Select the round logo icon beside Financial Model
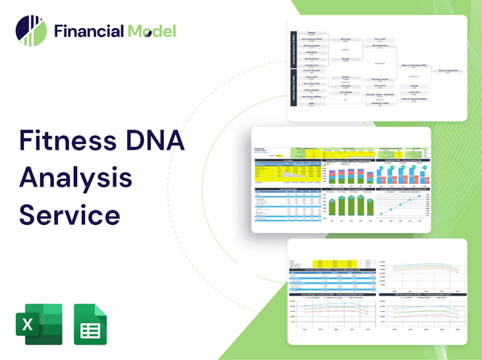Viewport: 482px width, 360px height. coord(31,31)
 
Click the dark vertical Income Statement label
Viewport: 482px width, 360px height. coord(294,51)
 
